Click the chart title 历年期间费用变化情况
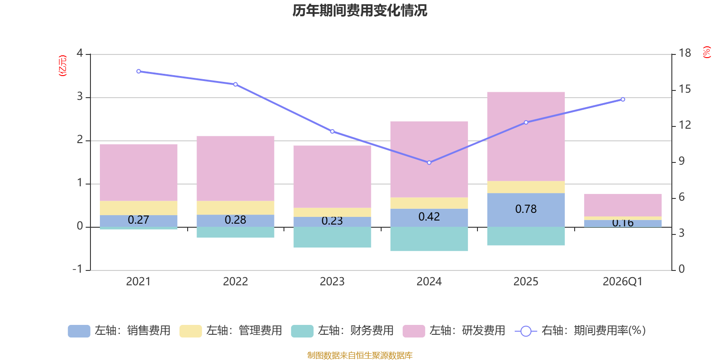(x=360, y=10)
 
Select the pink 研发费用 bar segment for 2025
(x=526, y=136)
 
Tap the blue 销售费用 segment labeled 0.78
(x=526, y=209)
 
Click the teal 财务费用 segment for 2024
(x=429, y=238)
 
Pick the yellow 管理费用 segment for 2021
(x=138, y=208)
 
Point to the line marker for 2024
(x=429, y=162)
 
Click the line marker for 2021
(x=138, y=71)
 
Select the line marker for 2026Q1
(x=623, y=99)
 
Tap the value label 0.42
(x=429, y=217)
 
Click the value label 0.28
(x=235, y=220)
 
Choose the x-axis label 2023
(x=332, y=282)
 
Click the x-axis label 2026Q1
(x=622, y=282)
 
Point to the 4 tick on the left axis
(x=80, y=53)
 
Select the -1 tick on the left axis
(x=78, y=269)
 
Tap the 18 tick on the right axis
(x=685, y=53)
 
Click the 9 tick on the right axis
(x=681, y=161)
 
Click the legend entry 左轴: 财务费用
(x=342, y=331)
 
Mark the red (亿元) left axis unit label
(x=63, y=66)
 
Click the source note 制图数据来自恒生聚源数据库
(x=360, y=355)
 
